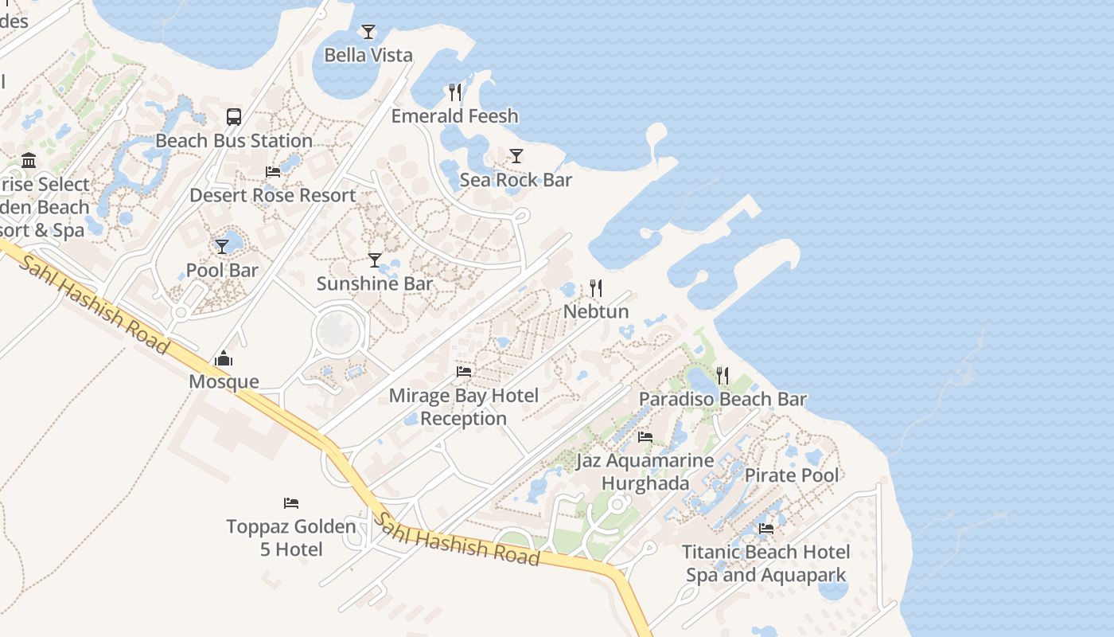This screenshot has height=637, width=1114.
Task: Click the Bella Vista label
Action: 368,55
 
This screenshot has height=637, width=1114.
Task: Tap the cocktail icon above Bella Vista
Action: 368,32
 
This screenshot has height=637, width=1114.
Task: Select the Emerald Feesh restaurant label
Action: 454,116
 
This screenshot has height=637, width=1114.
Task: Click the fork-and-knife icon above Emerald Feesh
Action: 454,92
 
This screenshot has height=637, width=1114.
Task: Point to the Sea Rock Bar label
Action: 516,180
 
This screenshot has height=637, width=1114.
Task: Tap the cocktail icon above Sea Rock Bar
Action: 516,156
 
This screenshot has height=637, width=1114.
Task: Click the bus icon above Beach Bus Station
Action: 234,117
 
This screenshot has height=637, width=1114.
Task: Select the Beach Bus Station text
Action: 234,141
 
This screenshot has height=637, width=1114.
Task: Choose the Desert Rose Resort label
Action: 273,195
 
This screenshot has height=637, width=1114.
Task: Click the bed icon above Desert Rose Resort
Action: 273,172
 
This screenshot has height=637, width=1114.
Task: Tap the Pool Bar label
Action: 222,271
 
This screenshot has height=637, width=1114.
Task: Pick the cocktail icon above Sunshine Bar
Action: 375,260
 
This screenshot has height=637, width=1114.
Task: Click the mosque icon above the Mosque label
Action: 224,359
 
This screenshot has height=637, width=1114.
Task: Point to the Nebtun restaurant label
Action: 596,311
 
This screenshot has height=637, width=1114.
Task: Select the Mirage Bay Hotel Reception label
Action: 464,407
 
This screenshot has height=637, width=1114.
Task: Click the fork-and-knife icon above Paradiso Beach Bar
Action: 723,376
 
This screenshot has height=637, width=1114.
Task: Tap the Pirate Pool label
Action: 792,476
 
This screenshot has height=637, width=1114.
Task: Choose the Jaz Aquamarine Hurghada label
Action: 645,472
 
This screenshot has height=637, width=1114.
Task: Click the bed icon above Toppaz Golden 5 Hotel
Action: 291,503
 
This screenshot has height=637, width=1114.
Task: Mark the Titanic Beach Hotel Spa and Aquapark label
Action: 765,563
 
